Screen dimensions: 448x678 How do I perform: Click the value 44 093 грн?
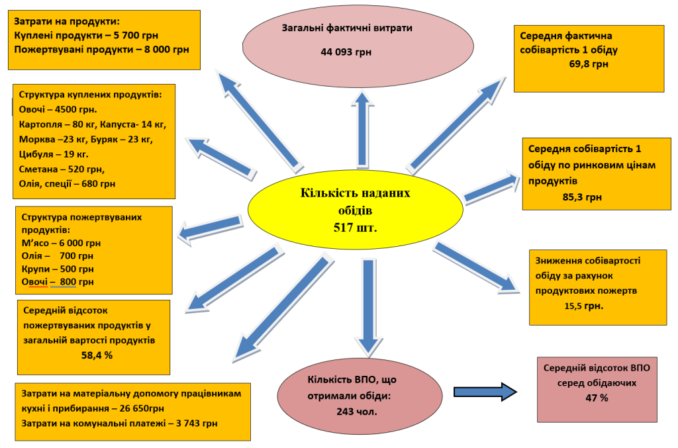pyautogui.click(x=346, y=52)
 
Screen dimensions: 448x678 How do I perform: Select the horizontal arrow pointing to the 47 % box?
pyautogui.click(x=485, y=392)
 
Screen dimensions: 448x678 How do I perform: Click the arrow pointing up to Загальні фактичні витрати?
pyautogui.click(x=363, y=129)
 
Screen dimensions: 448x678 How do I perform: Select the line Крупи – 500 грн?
pyautogui.click(x=58, y=269)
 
